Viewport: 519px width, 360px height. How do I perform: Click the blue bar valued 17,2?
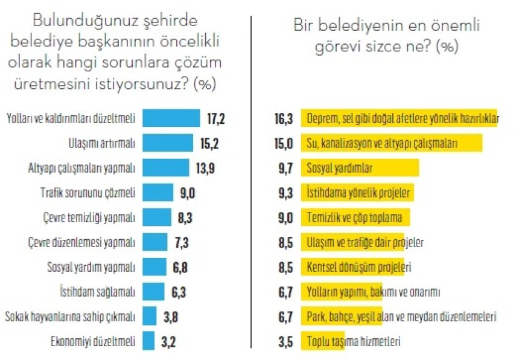171,118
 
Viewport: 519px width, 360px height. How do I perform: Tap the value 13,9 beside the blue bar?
202,168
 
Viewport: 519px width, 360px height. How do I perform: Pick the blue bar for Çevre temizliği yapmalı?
157,217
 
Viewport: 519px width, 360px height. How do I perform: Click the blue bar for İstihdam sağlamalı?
153,291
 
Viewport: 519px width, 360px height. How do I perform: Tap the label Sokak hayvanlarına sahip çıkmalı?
71,316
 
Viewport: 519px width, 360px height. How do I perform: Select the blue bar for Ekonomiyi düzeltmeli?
148,340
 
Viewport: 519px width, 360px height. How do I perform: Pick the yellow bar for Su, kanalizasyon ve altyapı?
392,143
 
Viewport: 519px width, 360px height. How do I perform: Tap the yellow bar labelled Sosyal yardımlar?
360,168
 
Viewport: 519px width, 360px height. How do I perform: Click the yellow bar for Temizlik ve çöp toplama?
355,217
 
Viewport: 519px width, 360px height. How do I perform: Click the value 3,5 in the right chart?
285,341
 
